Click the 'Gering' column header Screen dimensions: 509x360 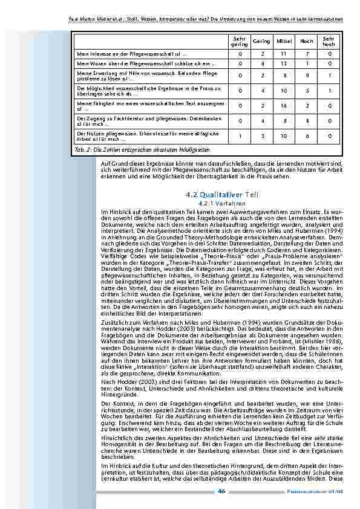tap(261, 41)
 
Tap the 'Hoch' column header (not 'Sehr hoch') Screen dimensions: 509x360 tap(307, 41)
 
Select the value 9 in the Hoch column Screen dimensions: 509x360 tap(307, 76)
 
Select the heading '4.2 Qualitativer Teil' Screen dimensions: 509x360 tap(223, 195)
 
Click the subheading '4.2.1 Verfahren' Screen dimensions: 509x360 tap(223, 203)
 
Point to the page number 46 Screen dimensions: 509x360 tap(221, 491)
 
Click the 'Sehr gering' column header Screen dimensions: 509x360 tap(239, 41)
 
